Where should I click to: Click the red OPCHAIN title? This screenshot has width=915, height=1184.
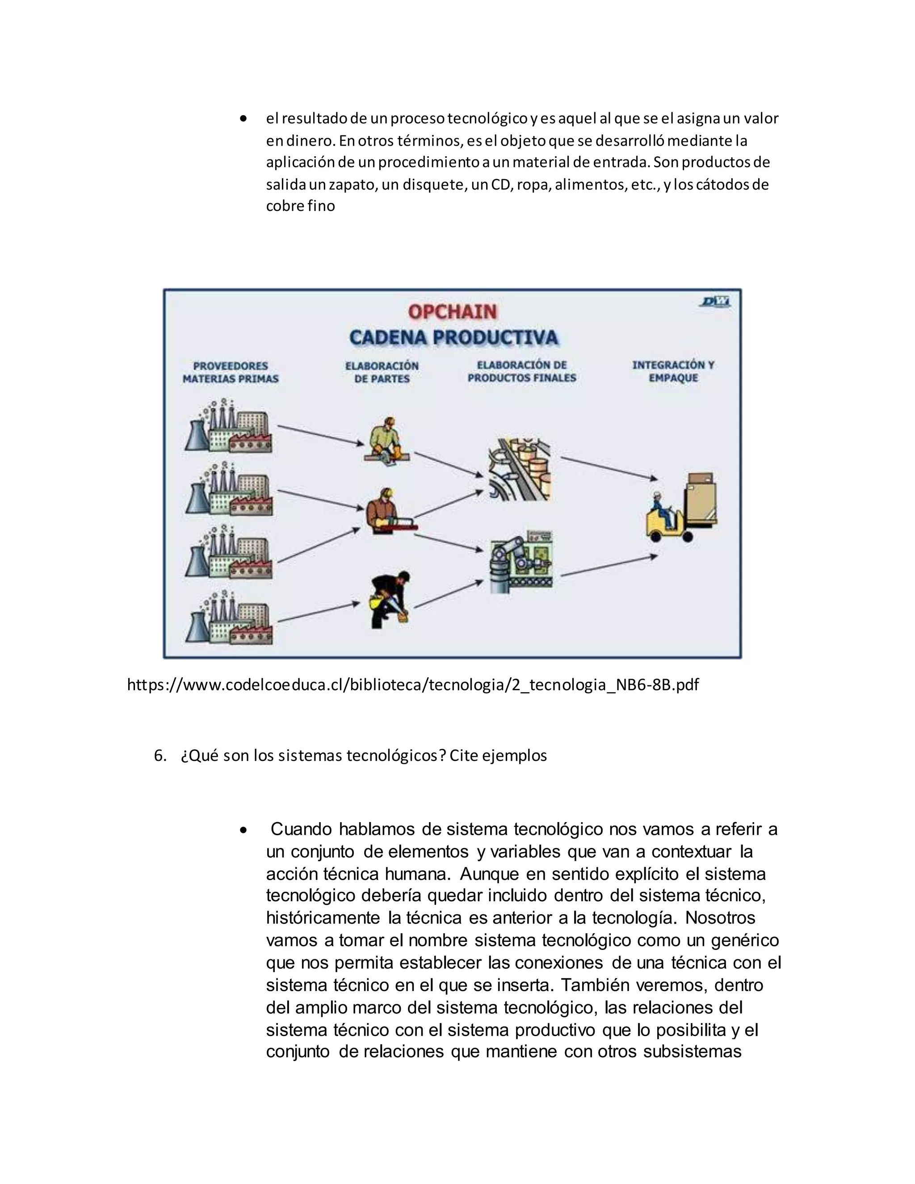pos(452,312)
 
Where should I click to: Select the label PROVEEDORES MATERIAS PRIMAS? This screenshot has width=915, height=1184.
pos(231,373)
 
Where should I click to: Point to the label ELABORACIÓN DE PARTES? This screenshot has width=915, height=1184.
pos(382,373)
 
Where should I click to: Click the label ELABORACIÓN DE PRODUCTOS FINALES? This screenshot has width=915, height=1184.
pos(521,371)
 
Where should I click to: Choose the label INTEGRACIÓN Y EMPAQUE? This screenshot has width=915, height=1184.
pos(673,371)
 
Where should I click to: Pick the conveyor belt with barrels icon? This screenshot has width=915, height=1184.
pos(519,469)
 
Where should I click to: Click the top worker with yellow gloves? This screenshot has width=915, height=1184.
pos(386,440)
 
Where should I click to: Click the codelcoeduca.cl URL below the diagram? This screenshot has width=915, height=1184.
pos(412,684)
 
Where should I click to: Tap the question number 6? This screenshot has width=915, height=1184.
pos(159,756)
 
